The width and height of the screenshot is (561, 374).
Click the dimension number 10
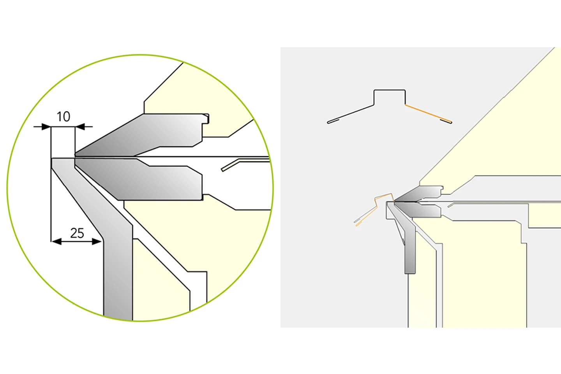coord(64,117)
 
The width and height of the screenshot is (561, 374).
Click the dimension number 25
coord(77,233)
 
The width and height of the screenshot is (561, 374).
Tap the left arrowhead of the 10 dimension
coord(46,127)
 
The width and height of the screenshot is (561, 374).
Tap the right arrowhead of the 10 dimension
coord(79,127)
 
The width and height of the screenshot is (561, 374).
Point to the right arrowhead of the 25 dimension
coord(97,242)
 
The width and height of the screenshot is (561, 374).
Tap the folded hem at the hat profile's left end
coord(333,122)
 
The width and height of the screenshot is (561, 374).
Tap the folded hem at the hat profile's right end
coord(446,121)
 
